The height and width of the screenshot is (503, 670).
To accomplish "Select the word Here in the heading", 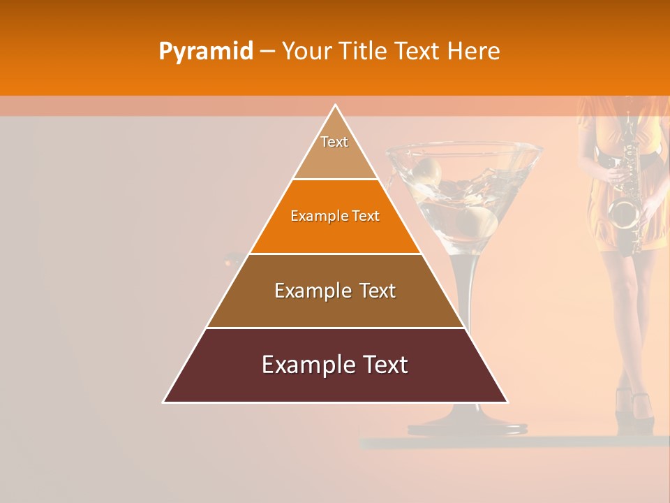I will (474, 51).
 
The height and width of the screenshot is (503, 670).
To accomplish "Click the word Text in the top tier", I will (334, 142).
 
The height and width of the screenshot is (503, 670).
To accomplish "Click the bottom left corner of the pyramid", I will (164, 402).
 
